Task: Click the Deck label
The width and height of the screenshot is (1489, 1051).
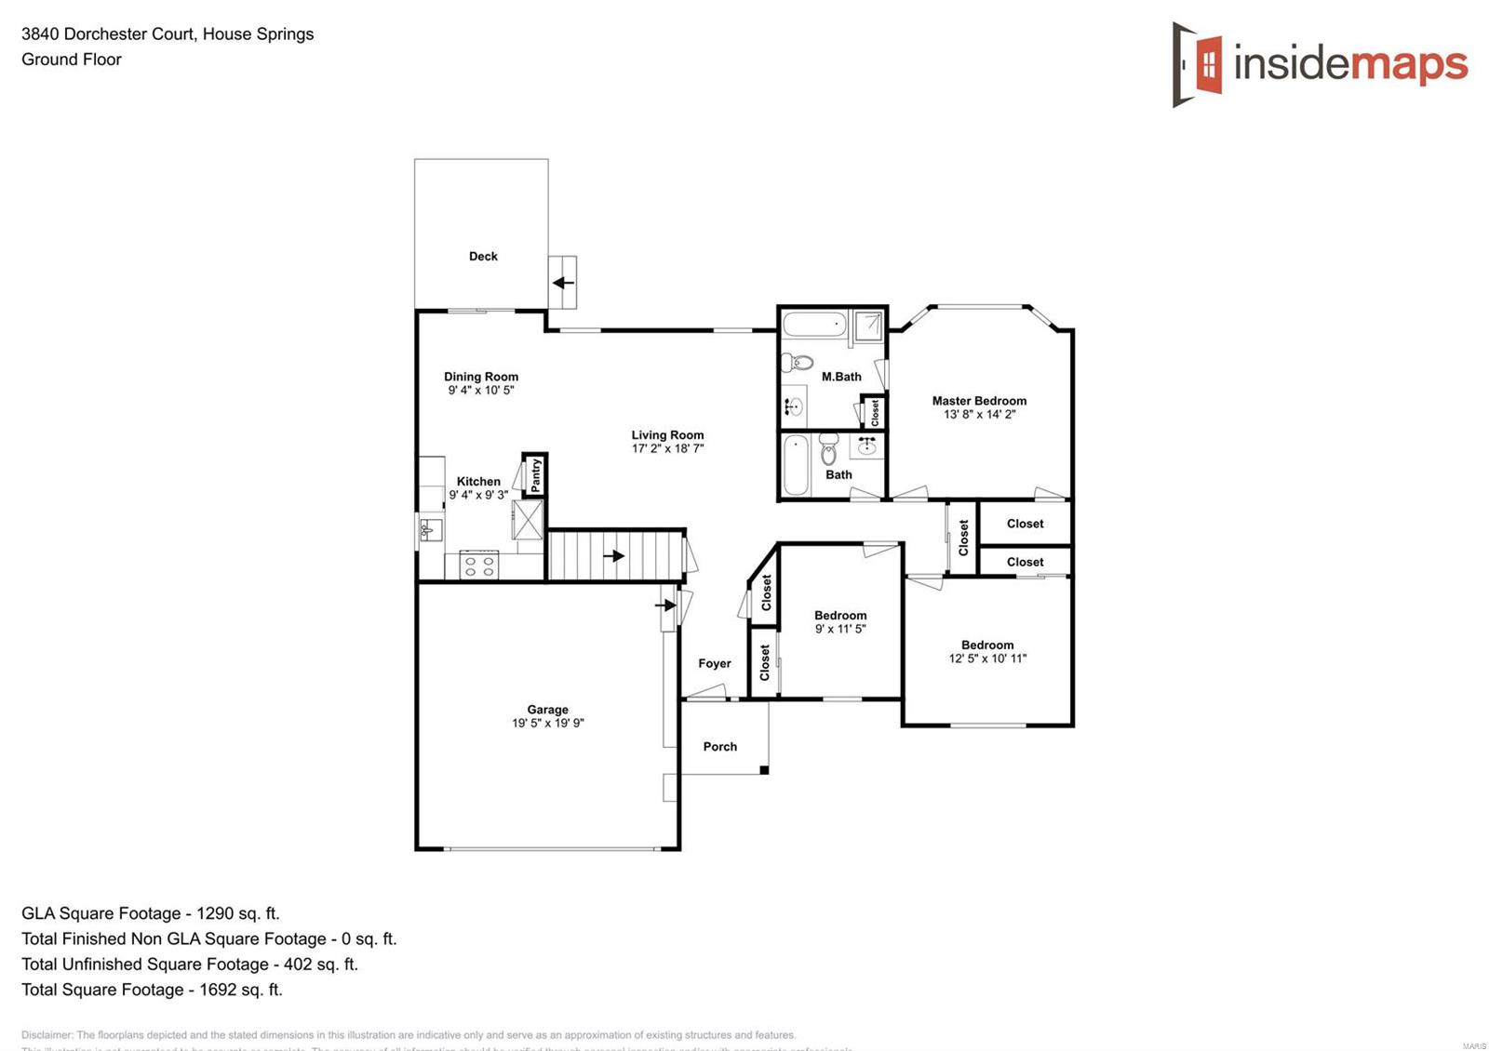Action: [x=483, y=257]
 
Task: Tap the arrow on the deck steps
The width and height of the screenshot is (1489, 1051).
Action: [x=564, y=283]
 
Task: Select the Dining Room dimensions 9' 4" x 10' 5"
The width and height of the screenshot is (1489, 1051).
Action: [x=481, y=391]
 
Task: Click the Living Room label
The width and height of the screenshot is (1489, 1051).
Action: [x=667, y=435]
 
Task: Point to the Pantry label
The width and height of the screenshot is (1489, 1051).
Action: [x=536, y=476]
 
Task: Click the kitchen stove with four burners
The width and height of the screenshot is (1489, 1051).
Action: [x=479, y=565]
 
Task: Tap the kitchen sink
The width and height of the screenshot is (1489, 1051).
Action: [x=430, y=531]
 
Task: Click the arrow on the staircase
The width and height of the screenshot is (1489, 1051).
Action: [x=614, y=556]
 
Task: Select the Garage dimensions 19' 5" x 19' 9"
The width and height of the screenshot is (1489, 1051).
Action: [x=547, y=724]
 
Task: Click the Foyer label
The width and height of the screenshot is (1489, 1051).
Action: [x=715, y=664]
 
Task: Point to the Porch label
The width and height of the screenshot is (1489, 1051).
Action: [x=720, y=747]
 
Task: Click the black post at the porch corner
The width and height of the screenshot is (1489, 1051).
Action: [x=764, y=770]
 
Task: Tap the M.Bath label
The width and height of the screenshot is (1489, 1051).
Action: [x=841, y=377]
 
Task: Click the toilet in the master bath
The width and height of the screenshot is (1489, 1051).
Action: [x=798, y=362]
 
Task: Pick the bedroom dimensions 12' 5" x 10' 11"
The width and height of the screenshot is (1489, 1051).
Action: [x=987, y=659]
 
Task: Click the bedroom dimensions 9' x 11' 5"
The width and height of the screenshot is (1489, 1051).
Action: [x=840, y=629]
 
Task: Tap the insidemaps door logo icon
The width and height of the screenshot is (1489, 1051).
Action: [x=1199, y=64]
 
